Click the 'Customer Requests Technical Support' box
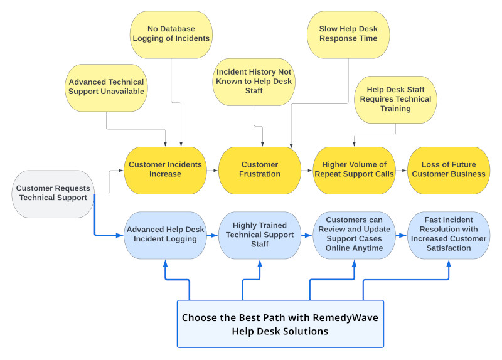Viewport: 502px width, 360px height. [53, 194]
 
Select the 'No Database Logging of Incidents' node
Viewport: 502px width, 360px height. [171, 34]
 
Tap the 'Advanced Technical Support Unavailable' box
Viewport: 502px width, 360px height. [106, 87]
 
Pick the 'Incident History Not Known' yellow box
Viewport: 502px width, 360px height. [254, 82]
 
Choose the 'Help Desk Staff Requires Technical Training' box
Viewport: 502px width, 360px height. [395, 99]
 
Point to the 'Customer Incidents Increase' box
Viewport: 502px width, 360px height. [165, 169]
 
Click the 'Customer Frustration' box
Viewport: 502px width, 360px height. [260, 169]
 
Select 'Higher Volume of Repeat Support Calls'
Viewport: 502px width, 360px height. [354, 169]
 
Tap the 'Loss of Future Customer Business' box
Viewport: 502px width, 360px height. [449, 169]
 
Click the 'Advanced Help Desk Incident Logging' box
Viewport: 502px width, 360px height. [165, 235]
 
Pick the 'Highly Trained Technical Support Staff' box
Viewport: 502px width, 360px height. [260, 235]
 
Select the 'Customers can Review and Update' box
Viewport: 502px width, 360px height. [354, 235]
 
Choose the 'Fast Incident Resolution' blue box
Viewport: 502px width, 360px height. [449, 235]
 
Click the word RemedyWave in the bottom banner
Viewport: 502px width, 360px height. [348, 317]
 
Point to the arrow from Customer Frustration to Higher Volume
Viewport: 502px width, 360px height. [307, 170]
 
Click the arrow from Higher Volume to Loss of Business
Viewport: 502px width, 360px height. [402, 170]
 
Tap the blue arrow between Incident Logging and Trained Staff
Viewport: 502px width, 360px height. [212, 236]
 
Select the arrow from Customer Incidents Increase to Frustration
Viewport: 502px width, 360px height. [212, 170]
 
